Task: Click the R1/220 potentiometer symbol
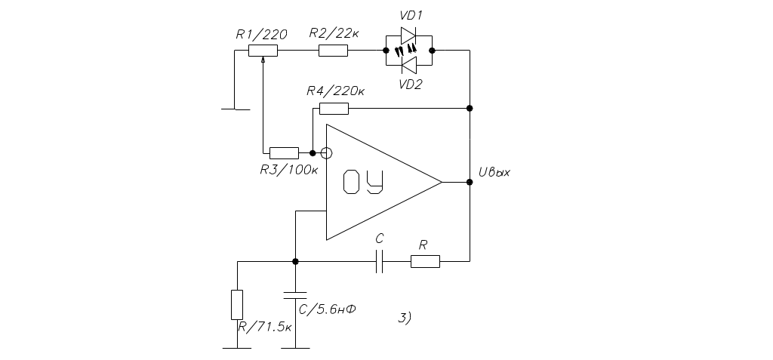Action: (x=263, y=50)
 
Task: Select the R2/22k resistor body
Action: (x=333, y=50)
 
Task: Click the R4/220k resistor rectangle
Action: (x=334, y=108)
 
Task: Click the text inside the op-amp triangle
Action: (x=363, y=183)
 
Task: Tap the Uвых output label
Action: (x=494, y=173)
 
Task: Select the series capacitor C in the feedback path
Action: (x=380, y=261)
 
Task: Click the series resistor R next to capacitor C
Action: (x=425, y=261)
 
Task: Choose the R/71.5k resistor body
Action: (x=237, y=303)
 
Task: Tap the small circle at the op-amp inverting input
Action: (x=326, y=152)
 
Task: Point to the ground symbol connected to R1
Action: (x=235, y=109)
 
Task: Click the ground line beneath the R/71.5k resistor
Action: (x=237, y=348)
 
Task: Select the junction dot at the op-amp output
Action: (x=470, y=183)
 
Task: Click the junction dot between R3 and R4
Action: (x=312, y=152)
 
